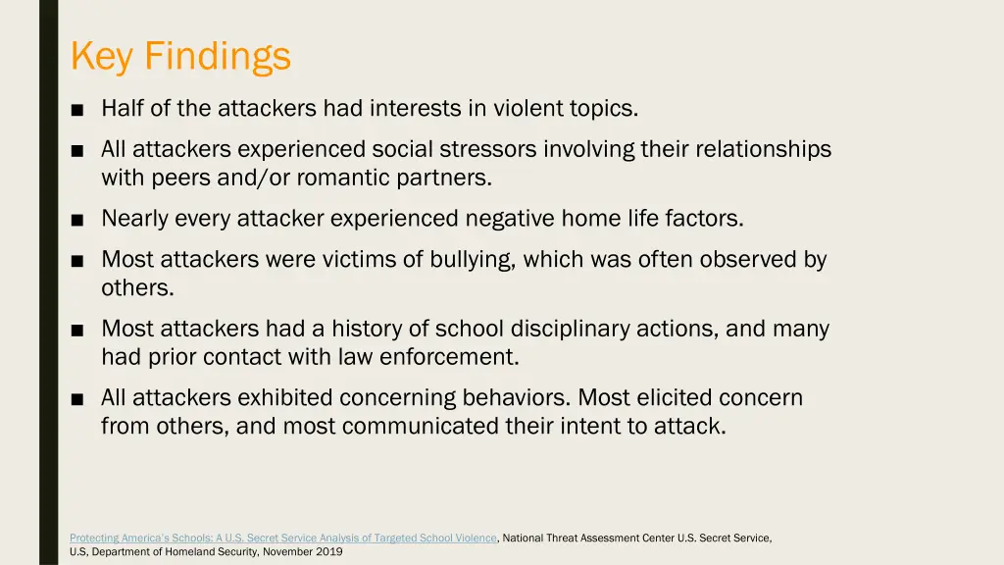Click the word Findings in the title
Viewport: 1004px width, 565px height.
[218, 56]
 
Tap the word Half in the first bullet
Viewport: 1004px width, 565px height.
[124, 109]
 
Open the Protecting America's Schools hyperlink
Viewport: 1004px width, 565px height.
[283, 538]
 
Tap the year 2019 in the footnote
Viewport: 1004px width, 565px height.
[330, 551]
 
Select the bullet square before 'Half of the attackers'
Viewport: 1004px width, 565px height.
[77, 110]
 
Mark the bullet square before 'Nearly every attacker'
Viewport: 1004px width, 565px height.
[77, 220]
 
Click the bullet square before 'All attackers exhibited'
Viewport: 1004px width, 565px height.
[77, 399]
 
